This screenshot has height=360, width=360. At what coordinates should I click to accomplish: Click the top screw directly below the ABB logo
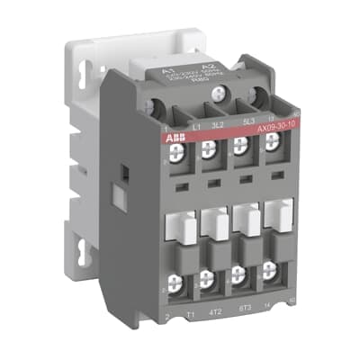pyautogui.click(x=175, y=152)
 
